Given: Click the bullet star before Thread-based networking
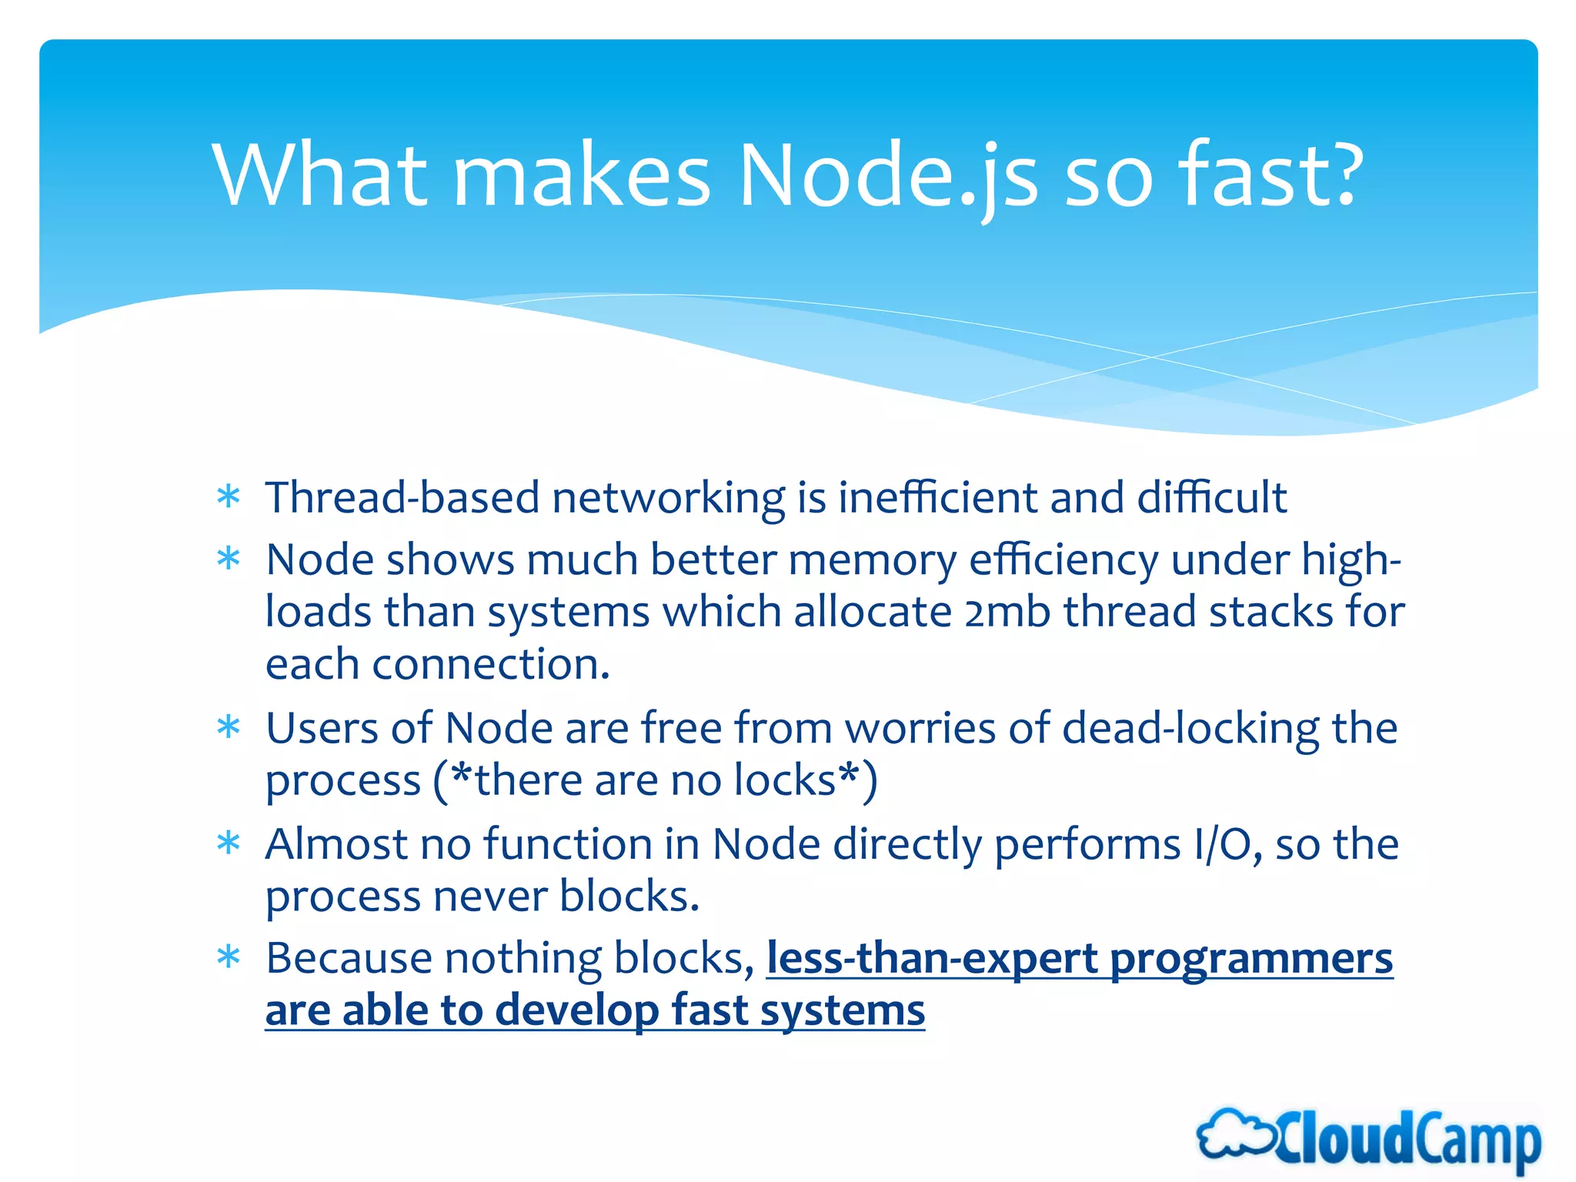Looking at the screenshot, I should click(x=229, y=498).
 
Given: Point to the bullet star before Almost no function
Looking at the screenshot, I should click(x=229, y=844).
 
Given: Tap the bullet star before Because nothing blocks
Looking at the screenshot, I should click(x=229, y=959).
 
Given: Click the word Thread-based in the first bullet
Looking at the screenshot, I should click(x=402, y=498).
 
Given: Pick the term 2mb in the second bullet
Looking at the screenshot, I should click(x=1007, y=613).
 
